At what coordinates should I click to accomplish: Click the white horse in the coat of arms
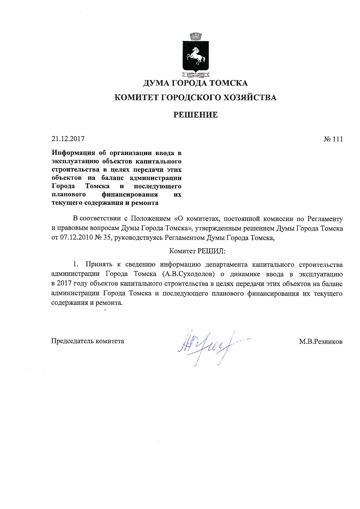(196, 55)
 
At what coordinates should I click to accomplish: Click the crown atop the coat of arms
(195, 37)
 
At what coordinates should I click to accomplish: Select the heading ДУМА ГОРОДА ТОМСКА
(195, 83)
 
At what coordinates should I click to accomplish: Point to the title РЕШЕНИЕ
(195, 115)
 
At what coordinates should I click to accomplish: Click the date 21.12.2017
(68, 139)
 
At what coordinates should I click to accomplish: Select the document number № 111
(333, 139)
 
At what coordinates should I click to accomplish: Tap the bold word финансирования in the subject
(129, 195)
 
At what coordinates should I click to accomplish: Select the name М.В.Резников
(321, 342)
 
